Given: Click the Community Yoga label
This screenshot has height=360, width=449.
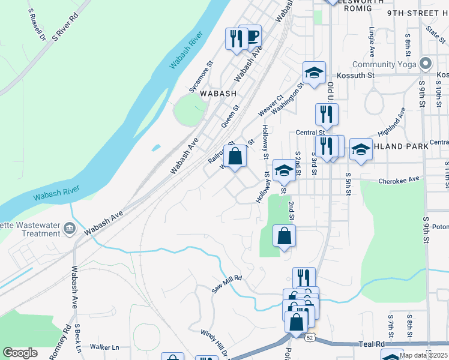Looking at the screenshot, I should (385, 64).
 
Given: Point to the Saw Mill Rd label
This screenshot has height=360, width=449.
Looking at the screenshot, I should (226, 284).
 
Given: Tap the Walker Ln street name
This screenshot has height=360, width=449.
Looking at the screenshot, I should (104, 347).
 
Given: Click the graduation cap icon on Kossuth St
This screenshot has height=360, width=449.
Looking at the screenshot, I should (313, 73).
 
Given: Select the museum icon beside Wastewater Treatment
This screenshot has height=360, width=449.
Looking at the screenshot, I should (70, 227).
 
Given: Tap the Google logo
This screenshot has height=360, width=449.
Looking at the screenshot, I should (20, 353).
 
